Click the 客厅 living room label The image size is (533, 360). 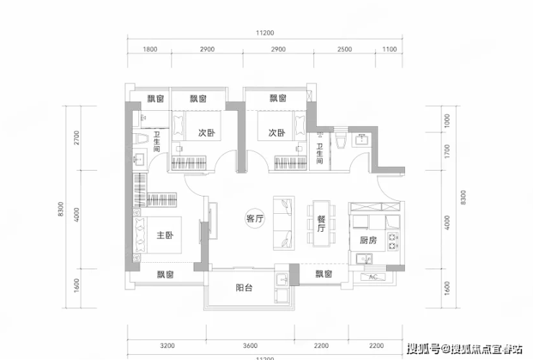(255, 219)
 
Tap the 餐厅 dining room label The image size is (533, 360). (321, 223)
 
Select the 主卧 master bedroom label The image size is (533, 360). (165, 235)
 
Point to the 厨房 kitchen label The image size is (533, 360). (368, 240)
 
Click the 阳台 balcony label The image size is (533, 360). (244, 288)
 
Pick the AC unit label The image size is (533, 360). (373, 276)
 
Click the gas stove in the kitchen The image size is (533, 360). (393, 240)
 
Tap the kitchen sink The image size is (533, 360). (364, 259)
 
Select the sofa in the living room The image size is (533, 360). (284, 223)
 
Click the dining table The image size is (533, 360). (321, 223)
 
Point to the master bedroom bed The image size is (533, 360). (157, 235)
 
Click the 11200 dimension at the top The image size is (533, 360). (265, 33)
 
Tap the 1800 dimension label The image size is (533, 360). (150, 49)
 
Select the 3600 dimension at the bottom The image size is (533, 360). (250, 346)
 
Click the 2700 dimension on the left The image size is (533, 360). (76, 138)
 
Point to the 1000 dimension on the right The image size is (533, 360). (447, 121)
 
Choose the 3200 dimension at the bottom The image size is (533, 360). (167, 346)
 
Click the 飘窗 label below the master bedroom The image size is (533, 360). (166, 274)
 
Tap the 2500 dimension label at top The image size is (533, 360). (344, 49)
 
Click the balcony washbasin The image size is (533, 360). (282, 279)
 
